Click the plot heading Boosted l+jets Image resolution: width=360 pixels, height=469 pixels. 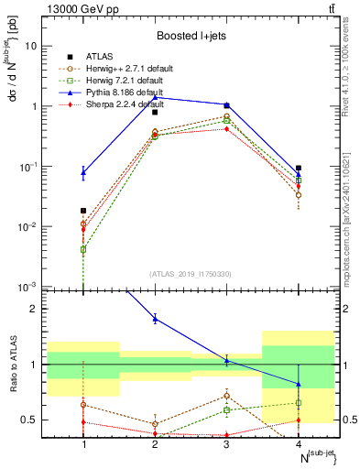point(191,36)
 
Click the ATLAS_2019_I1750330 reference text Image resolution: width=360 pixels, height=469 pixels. point(191,274)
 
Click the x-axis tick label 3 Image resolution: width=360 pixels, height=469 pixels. point(226,443)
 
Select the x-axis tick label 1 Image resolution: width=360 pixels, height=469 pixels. point(83,443)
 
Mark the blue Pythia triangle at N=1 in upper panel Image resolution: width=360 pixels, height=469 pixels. point(83,171)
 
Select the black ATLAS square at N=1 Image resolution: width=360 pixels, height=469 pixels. point(83,211)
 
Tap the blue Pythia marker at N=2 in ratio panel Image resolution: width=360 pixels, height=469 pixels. point(155,318)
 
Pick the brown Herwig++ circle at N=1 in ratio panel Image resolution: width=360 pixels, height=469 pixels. point(83,404)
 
